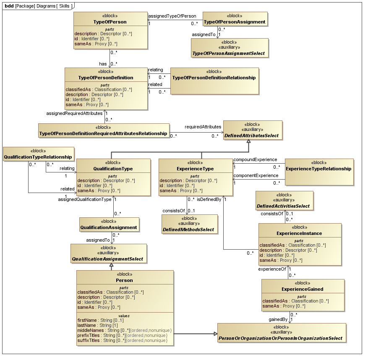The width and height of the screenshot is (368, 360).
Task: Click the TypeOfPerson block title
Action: [x=110, y=22]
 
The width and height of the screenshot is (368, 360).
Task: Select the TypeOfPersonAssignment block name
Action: [x=234, y=22]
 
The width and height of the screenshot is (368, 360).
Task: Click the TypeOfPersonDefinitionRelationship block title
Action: [x=214, y=78]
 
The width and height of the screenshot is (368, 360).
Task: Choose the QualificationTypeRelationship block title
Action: [x=38, y=157]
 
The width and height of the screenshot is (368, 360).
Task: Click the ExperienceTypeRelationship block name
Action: [x=318, y=169]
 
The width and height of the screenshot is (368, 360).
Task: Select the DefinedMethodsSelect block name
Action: [x=190, y=230]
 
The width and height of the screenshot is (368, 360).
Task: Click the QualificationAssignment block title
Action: [x=109, y=227]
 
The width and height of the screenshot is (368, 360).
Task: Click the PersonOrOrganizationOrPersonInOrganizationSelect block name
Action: [x=281, y=338]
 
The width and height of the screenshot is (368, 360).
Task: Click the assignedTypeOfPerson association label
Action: [x=172, y=16]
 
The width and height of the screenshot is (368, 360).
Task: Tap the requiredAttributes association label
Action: [x=203, y=127]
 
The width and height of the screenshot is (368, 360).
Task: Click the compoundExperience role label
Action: [x=255, y=159]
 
